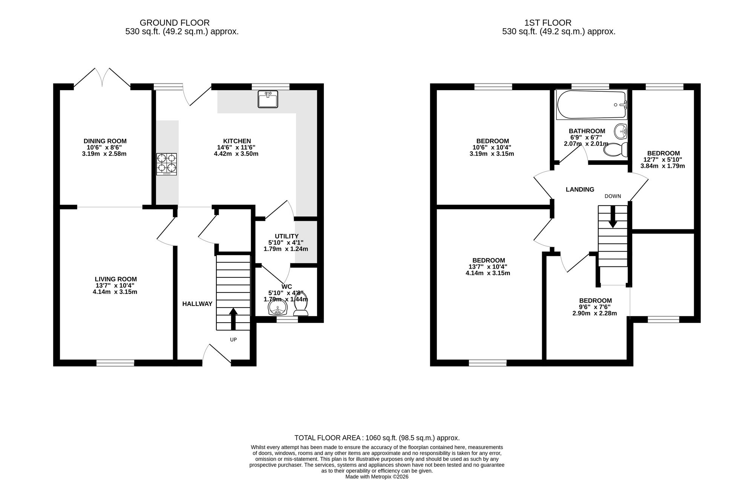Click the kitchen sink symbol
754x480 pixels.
click(x=268, y=99)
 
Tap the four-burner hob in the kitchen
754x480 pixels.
click(x=167, y=164)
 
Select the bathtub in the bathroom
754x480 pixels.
click(x=592, y=105)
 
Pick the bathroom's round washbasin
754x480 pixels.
click(x=621, y=132)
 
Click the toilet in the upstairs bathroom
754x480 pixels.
click(x=615, y=150)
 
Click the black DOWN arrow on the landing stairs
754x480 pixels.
click(x=613, y=217)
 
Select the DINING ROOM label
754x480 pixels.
click(x=104, y=141)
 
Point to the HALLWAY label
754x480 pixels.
click(x=197, y=304)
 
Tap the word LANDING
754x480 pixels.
click(x=580, y=189)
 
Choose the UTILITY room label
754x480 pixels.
click(x=287, y=236)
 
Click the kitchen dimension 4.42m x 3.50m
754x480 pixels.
click(x=236, y=154)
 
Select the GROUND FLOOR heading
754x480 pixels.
click(x=175, y=23)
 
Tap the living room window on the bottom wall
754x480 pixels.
click(x=115, y=363)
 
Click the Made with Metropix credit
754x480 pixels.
click(x=377, y=477)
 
